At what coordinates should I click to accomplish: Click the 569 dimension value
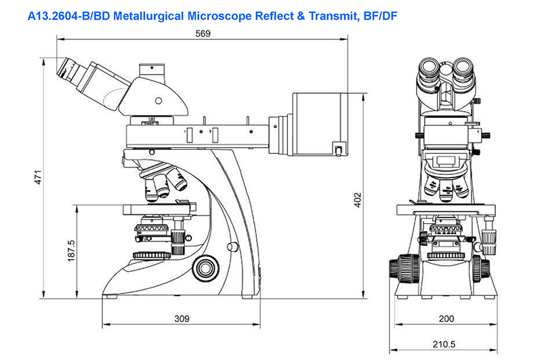(x=203, y=33)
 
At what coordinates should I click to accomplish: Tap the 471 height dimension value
(x=38, y=177)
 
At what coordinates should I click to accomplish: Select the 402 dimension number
(x=358, y=200)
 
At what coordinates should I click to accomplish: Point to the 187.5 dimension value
(x=71, y=251)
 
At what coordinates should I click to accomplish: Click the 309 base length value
(x=182, y=319)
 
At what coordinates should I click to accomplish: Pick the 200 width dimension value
(x=446, y=319)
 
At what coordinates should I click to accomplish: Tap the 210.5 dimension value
(x=444, y=344)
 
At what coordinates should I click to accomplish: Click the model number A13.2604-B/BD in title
(x=69, y=16)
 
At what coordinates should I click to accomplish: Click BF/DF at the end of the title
(x=380, y=16)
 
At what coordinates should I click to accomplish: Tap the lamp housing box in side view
(x=320, y=124)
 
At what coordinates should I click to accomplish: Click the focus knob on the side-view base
(x=207, y=268)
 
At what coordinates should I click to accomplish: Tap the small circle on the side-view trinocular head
(x=159, y=100)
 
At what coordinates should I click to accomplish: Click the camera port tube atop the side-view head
(x=152, y=73)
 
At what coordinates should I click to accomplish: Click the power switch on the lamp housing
(x=338, y=149)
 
